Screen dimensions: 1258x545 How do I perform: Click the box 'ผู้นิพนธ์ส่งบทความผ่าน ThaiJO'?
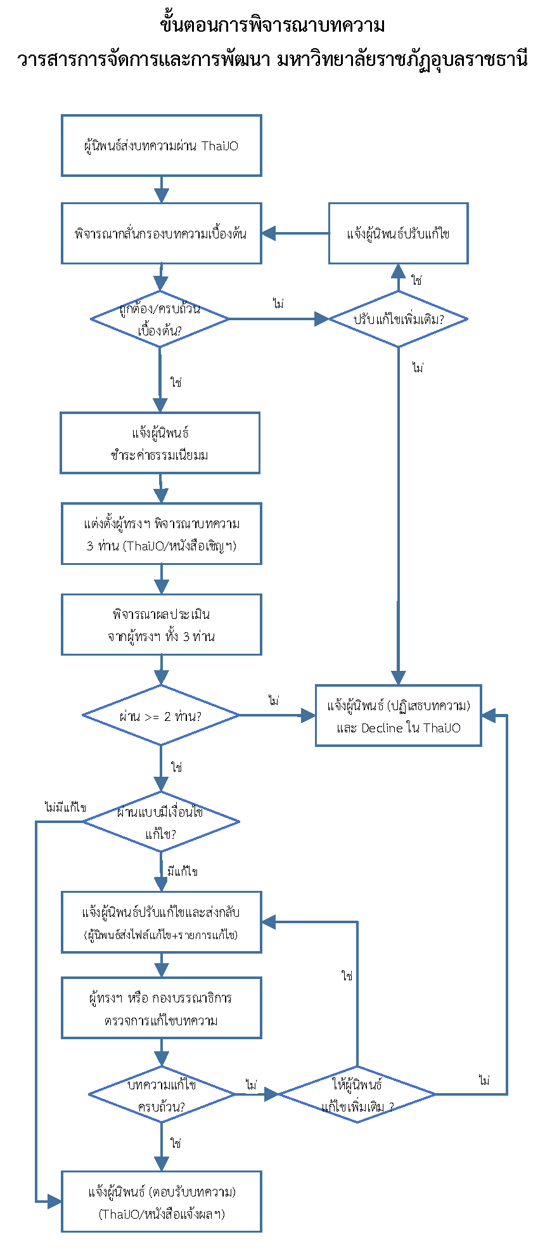[161, 146]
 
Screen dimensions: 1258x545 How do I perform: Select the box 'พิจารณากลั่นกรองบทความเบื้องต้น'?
[161, 233]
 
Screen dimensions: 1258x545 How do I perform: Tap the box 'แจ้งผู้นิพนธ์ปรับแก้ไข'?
[398, 233]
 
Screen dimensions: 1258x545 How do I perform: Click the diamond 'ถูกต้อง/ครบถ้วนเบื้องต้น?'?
[160, 319]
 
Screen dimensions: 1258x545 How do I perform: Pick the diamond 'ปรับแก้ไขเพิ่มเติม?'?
[398, 319]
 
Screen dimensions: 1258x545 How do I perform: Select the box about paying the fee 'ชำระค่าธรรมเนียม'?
[160, 443]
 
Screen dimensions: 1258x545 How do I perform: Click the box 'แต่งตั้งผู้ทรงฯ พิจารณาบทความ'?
[161, 534]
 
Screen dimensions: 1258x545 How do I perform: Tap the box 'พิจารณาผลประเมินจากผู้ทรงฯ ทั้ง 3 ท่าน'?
[161, 625]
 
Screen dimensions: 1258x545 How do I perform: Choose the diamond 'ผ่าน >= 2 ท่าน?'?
[161, 715]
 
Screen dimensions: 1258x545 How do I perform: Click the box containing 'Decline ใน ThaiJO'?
[398, 716]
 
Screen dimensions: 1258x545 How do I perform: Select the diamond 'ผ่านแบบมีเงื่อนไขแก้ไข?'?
[161, 822]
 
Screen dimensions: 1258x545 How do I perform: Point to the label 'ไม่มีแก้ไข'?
[65, 808]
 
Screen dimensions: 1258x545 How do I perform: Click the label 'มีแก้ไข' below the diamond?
[183, 872]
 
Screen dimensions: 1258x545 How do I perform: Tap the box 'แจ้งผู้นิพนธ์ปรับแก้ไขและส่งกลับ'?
[161, 922]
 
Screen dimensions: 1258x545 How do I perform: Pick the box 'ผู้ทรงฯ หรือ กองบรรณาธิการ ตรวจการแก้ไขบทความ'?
[161, 1008]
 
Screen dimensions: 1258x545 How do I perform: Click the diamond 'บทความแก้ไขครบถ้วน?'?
[161, 1094]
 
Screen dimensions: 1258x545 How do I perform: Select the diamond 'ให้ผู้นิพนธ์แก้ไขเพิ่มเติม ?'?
[357, 1094]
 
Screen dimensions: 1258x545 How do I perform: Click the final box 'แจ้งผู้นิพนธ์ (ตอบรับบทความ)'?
[161, 1202]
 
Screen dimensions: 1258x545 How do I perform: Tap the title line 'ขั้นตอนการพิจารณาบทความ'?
[272, 25]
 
